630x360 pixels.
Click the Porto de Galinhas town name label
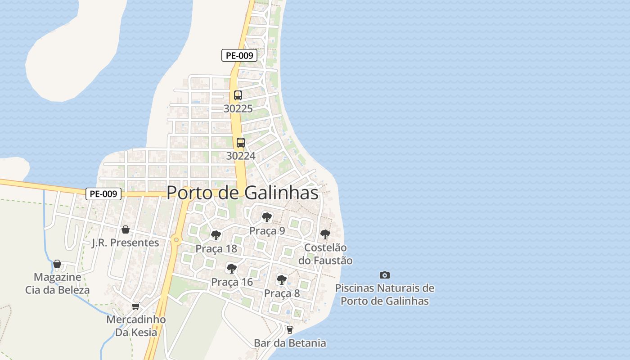click(242, 193)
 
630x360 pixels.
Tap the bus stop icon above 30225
click(238, 95)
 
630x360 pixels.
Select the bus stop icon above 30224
click(241, 143)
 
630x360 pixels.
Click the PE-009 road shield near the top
click(239, 55)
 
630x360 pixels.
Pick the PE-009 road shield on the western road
click(103, 194)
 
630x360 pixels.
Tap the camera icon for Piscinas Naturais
click(384, 275)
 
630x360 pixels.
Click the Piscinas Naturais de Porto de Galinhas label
click(385, 294)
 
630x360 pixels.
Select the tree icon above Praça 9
click(267, 217)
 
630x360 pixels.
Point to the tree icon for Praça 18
click(216, 235)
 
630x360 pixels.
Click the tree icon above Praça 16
click(232, 269)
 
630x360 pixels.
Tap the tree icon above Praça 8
click(282, 279)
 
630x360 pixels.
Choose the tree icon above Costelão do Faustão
click(325, 234)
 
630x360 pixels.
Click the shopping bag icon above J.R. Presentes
click(126, 229)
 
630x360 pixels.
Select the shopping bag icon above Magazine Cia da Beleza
click(57, 264)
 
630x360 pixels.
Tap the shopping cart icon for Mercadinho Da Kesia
click(135, 306)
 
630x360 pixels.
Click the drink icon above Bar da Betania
click(290, 329)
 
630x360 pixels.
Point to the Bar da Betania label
click(290, 343)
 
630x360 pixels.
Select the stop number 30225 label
click(238, 109)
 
